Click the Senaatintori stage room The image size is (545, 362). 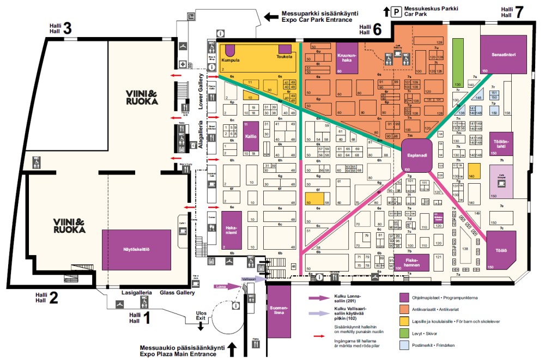[504, 54]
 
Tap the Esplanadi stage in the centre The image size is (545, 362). [416, 154]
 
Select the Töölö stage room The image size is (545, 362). [501, 250]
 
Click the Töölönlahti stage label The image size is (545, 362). [501, 143]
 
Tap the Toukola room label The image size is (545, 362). [284, 56]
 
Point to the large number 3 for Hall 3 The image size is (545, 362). [68, 28]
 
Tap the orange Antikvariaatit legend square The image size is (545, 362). [404, 309]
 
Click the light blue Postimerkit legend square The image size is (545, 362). [404, 345]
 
